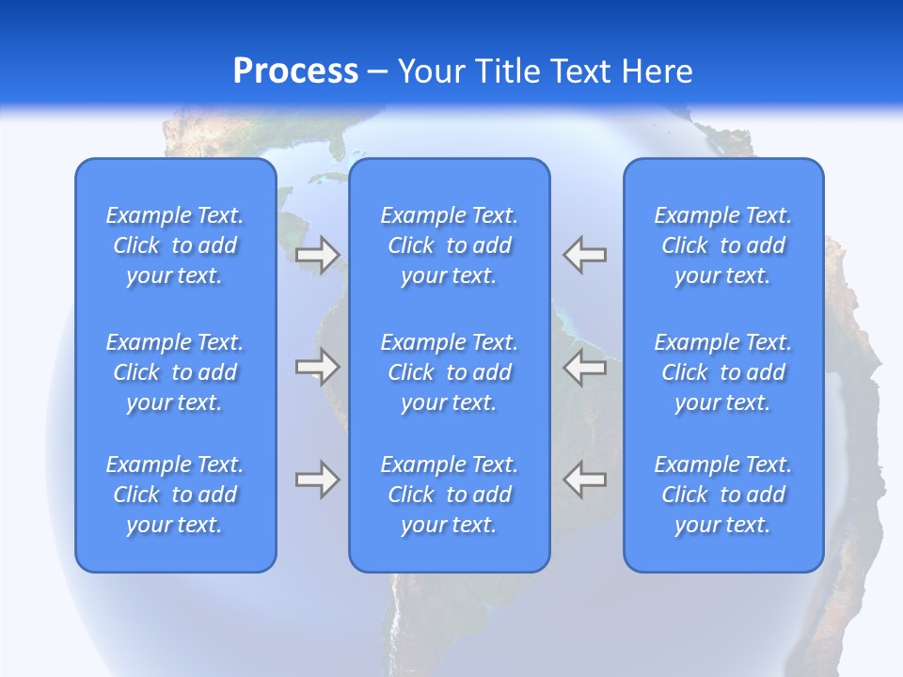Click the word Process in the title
click(x=295, y=71)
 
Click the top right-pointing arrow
click(x=318, y=254)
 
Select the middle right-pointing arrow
click(x=318, y=367)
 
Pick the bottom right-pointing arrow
click(x=318, y=480)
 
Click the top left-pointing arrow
click(x=584, y=254)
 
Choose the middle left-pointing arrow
click(x=584, y=367)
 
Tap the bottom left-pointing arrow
click(x=584, y=480)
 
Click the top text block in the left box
click(x=175, y=245)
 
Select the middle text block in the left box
click(x=175, y=372)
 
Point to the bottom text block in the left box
click(x=175, y=495)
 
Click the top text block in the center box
click(x=450, y=245)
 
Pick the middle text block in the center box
click(x=450, y=372)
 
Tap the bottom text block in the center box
click(x=450, y=495)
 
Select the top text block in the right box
click(x=723, y=245)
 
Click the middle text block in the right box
click(x=723, y=372)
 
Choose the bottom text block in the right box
click(x=723, y=495)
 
